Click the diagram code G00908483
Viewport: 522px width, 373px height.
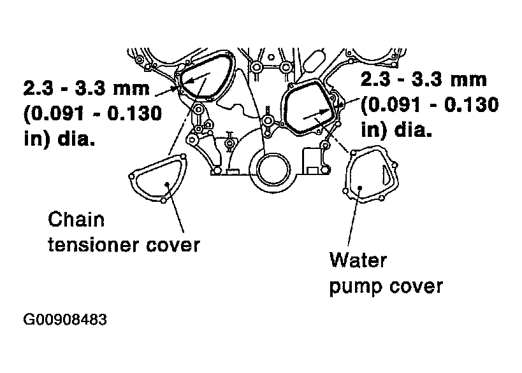65,320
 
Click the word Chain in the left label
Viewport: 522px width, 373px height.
76,220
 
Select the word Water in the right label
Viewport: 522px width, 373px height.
358,260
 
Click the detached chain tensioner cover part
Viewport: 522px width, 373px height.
158,178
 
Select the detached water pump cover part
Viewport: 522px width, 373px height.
370,174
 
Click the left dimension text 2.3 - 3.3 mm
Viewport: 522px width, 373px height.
87,88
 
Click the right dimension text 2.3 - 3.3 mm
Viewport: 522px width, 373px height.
424,80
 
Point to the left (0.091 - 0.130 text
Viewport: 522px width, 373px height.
93,113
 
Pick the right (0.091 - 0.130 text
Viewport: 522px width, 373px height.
430,105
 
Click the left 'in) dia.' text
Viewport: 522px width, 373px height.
59,138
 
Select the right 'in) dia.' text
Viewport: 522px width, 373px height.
396,130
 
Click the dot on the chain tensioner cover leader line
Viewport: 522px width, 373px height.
167,183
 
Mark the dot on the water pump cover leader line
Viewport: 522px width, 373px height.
359,188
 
